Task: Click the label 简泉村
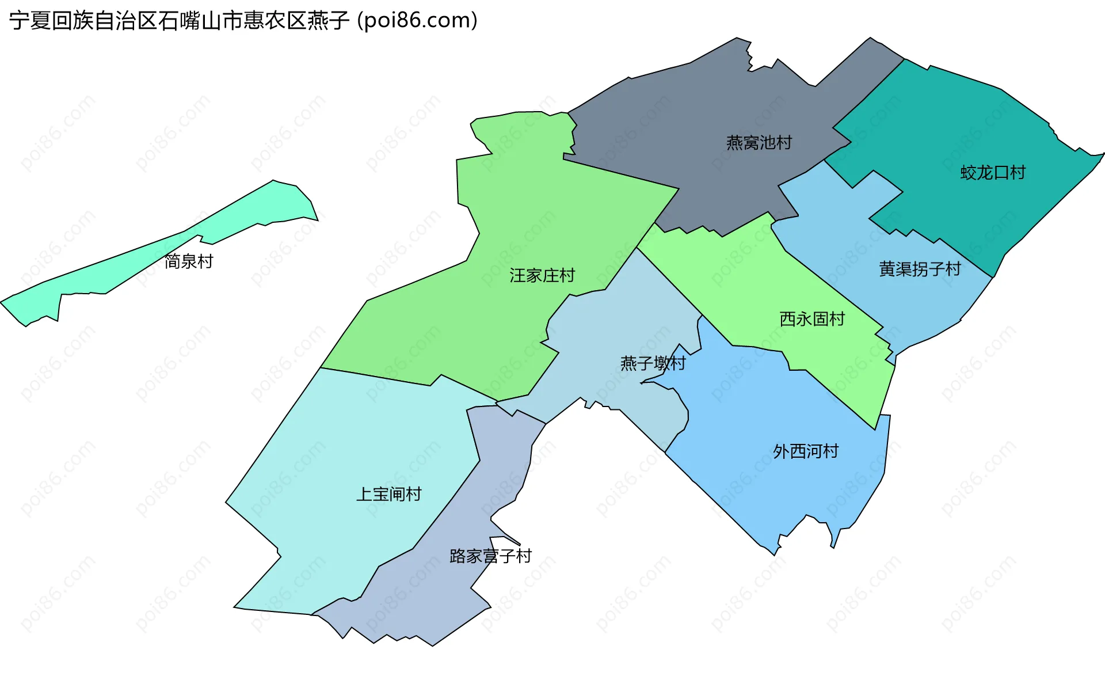pyautogui.click(x=189, y=261)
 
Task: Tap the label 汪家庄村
pyautogui.click(x=542, y=276)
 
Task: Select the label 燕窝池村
pyautogui.click(x=759, y=143)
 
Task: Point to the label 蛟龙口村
pyautogui.click(x=993, y=173)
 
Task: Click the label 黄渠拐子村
pyautogui.click(x=920, y=269)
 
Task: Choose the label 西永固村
pyautogui.click(x=812, y=319)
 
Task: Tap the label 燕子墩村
pyautogui.click(x=653, y=363)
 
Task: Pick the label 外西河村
pyautogui.click(x=806, y=451)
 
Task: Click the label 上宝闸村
pyautogui.click(x=389, y=494)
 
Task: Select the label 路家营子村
pyautogui.click(x=490, y=556)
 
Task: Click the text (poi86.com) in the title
pyautogui.click(x=417, y=21)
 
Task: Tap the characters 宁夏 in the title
pyautogui.click(x=30, y=21)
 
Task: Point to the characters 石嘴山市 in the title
pyautogui.click(x=200, y=21)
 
